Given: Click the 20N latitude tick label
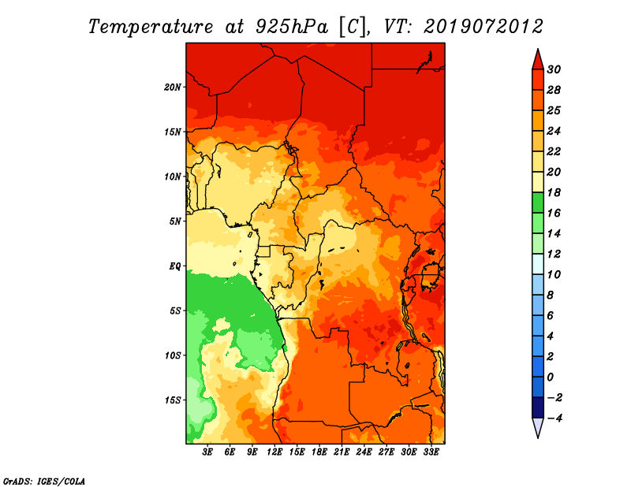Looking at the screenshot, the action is pyautogui.click(x=173, y=87).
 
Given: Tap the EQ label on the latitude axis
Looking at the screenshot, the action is pyautogui.click(x=175, y=266).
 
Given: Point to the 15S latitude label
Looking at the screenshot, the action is pyautogui.click(x=173, y=400).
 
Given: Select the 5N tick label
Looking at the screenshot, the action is pyautogui.click(x=175, y=221).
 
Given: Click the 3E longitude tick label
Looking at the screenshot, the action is pyautogui.click(x=207, y=452).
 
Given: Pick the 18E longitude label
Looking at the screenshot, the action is pyautogui.click(x=319, y=452).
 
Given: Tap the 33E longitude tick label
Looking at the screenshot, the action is pyautogui.click(x=431, y=452).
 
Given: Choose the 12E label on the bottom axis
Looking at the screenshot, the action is pyautogui.click(x=274, y=452).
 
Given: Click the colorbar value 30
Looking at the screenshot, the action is pyautogui.click(x=554, y=69).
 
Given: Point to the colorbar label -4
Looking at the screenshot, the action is pyautogui.click(x=554, y=418).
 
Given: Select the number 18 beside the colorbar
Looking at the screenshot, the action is pyautogui.click(x=554, y=192).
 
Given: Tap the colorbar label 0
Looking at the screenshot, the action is pyautogui.click(x=550, y=377).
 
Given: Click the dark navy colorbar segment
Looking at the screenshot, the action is pyautogui.click(x=538, y=407).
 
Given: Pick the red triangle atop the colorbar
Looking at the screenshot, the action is pyautogui.click(x=538, y=60).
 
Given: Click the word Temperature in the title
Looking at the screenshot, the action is pyautogui.click(x=151, y=27).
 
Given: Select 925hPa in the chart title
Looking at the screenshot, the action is pyautogui.click(x=292, y=27).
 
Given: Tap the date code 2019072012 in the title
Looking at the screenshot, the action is pyautogui.click(x=484, y=27).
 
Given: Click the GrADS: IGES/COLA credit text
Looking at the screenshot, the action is pyautogui.click(x=44, y=481).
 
